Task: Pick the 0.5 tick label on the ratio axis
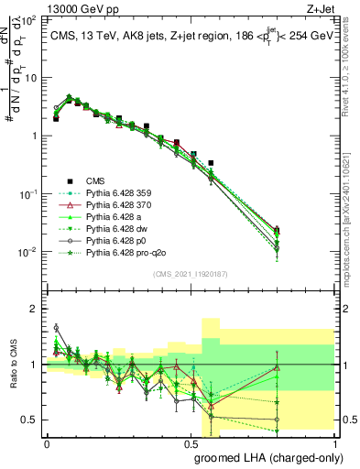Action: pos(32,420)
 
